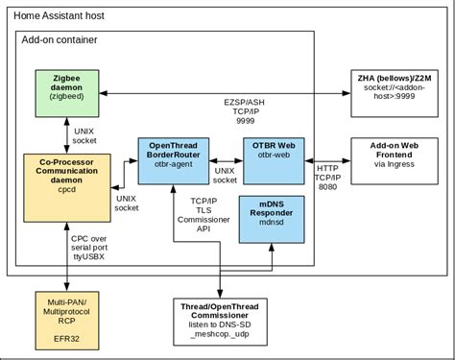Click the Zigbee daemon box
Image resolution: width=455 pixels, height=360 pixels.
[65, 93]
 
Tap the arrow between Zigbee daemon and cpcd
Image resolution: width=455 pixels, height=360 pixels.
[65, 132]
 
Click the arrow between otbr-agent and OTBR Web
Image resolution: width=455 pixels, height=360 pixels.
[227, 160]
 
